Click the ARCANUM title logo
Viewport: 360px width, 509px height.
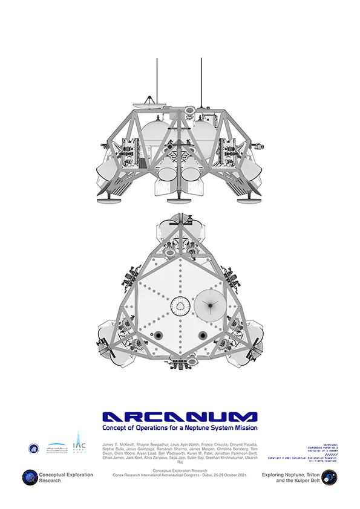point(180,417)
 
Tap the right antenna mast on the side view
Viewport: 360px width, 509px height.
point(201,85)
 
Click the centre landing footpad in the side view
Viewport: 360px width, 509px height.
point(181,200)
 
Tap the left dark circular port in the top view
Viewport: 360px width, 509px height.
point(158,336)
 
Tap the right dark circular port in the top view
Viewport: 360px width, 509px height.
point(202,336)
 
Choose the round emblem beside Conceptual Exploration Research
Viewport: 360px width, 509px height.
point(30,478)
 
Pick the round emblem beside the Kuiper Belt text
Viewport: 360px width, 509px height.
point(329,478)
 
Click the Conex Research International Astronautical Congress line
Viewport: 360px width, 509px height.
point(180,475)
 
